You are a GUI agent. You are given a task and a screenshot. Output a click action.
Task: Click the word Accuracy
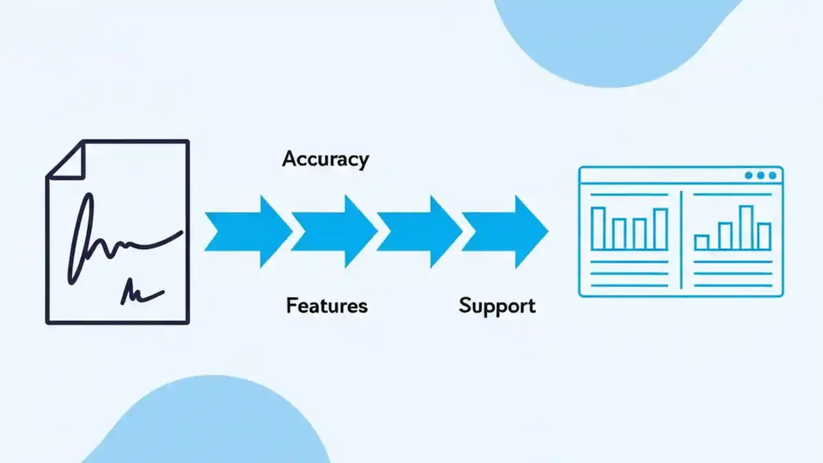[x=325, y=159]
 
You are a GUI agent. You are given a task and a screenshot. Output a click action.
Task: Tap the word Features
[x=327, y=305]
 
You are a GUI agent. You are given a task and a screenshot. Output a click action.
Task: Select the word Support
[x=497, y=305]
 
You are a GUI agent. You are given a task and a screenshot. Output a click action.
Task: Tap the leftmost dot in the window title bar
[x=748, y=176]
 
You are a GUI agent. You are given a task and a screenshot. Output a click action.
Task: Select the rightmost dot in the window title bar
[x=773, y=176]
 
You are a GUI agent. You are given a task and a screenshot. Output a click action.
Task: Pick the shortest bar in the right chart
[x=701, y=242]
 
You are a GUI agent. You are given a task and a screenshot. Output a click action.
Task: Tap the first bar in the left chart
[x=598, y=228]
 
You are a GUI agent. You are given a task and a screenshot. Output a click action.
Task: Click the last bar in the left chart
[x=660, y=229]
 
